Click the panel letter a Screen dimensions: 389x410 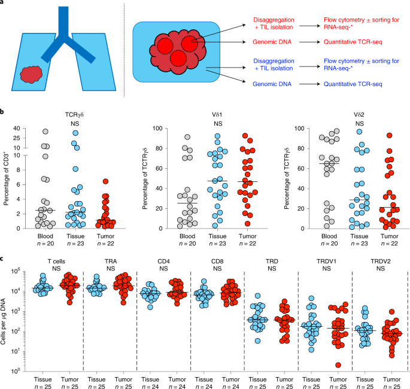(3, 4)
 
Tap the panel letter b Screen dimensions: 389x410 (3, 112)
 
